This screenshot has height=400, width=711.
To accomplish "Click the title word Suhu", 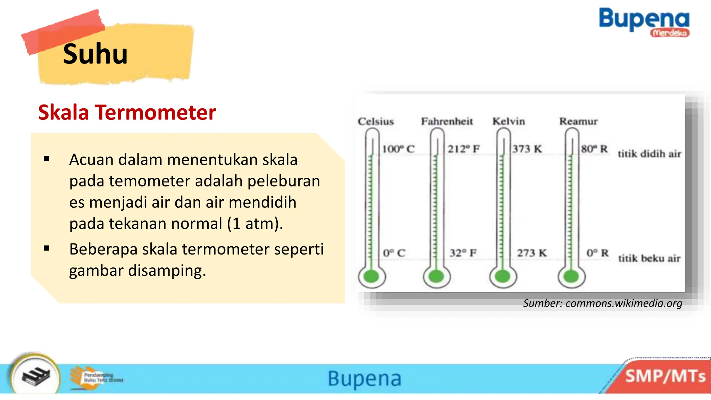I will coord(95,54).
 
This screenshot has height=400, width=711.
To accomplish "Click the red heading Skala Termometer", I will coord(127,112).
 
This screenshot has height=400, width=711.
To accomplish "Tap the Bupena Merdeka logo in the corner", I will coord(644,22).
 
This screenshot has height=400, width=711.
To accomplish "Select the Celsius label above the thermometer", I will coord(376,122).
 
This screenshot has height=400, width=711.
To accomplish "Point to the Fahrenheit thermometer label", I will coord(447,121).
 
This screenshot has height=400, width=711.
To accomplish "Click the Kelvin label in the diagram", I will coord(509,121).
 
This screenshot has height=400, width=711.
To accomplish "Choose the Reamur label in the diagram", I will coord(578,121).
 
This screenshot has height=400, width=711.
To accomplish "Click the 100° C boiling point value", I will coord(398,149).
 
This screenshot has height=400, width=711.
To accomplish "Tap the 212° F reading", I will coord(463,149).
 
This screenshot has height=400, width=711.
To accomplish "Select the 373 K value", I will coord(527,149).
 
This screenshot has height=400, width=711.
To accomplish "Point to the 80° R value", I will coord(594,149).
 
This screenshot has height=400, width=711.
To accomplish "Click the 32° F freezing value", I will coord(463,253).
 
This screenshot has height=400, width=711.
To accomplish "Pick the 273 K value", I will coord(532,253).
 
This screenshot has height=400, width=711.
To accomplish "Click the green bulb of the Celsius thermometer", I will coord(371,277).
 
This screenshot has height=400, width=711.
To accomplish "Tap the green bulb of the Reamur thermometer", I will coord(571,277).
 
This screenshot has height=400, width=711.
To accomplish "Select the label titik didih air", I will coord(649,154).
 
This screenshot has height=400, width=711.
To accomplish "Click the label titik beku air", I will coord(649,258).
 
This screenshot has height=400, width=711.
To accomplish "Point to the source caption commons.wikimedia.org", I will coord(603,303).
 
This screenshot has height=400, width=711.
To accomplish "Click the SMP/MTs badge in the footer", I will coord(665,376).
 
